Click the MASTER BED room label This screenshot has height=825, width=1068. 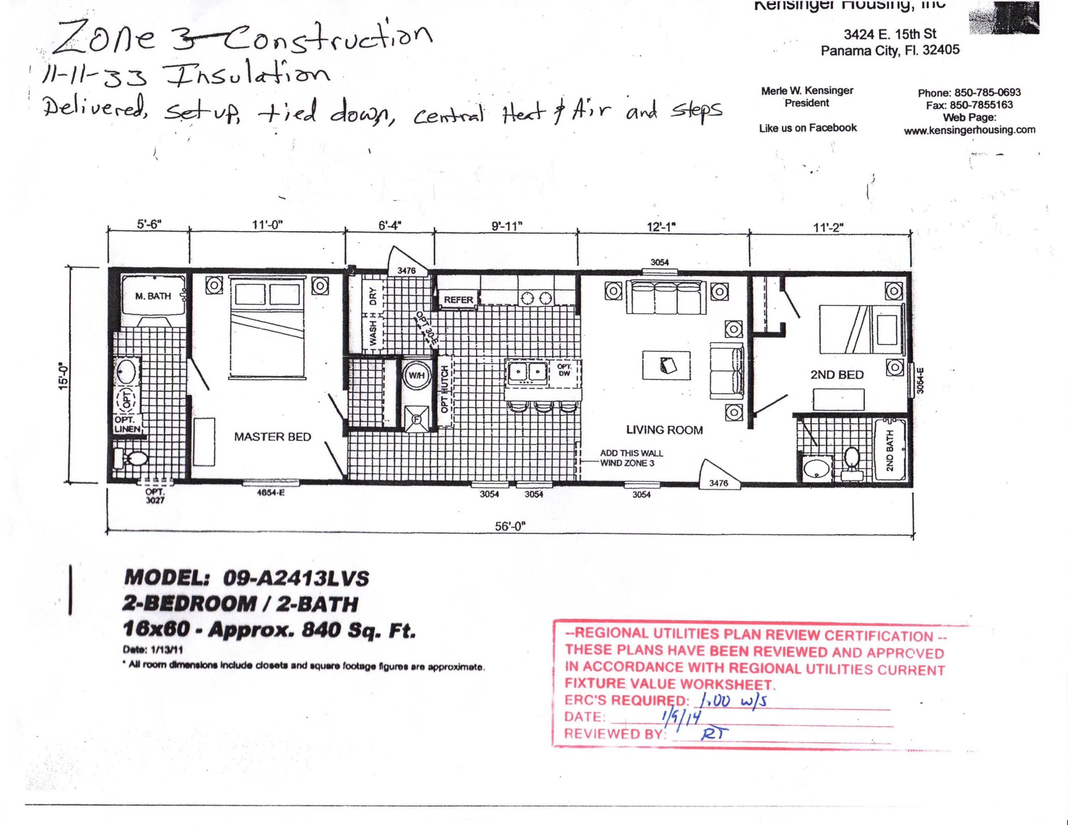(272, 437)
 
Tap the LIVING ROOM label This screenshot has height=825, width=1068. (664, 430)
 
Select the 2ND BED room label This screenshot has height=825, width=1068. (837, 375)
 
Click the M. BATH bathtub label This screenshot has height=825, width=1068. (153, 296)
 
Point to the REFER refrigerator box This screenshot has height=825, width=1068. (458, 300)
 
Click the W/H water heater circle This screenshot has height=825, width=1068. (417, 375)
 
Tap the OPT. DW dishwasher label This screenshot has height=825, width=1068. (564, 370)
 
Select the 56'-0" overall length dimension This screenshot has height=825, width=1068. (510, 526)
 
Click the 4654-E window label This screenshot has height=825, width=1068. (271, 493)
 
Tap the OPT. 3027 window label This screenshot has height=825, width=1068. (155, 496)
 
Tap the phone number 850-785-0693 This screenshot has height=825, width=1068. (987, 93)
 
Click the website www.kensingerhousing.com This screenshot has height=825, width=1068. (969, 130)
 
